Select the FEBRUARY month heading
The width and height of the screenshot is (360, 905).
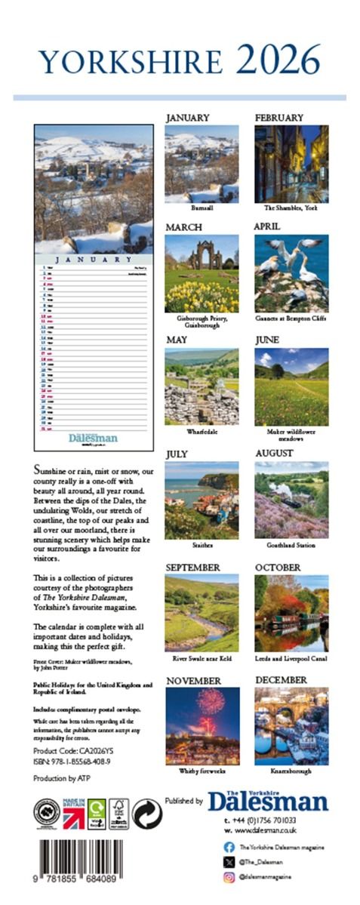278,118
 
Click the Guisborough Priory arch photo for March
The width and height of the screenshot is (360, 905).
202,273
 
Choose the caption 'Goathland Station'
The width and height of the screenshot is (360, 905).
291,544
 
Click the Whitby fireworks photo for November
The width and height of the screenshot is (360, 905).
202,725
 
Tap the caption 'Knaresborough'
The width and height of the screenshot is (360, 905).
291,771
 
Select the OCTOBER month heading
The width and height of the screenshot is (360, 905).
278,567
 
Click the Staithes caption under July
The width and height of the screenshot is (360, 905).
202,544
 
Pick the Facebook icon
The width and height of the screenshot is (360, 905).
229,848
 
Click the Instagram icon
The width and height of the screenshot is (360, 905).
229,876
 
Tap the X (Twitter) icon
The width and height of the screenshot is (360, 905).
229,862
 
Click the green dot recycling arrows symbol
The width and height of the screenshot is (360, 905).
146,813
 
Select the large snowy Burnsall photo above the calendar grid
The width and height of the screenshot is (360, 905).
94,189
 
